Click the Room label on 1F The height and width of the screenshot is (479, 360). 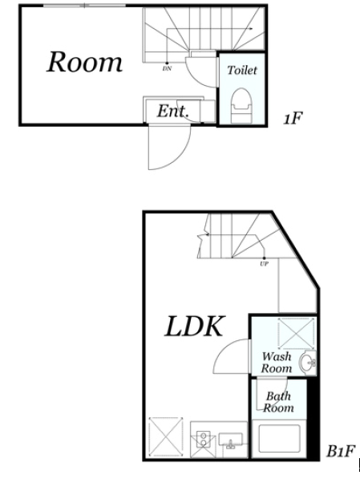point(84,62)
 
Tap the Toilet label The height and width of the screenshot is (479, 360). point(242,71)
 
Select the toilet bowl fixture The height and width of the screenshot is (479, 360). point(241,105)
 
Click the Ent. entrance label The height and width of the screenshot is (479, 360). point(173,111)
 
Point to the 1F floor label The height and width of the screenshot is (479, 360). point(293,118)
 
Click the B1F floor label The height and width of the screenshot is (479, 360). point(341,451)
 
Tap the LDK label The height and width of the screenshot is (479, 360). point(195,327)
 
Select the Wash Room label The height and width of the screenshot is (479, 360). point(277,363)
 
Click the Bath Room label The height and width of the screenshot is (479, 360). point(278,402)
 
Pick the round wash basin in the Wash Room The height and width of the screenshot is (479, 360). point(308,363)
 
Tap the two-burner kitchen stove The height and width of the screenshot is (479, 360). point(203,440)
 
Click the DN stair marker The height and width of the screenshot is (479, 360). point(167,68)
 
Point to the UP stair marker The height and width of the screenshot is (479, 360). point(264,264)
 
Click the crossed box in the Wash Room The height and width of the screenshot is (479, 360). point(296,333)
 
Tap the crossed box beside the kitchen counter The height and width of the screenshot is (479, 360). point(166,437)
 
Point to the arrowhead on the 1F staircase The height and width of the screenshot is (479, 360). point(251,29)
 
